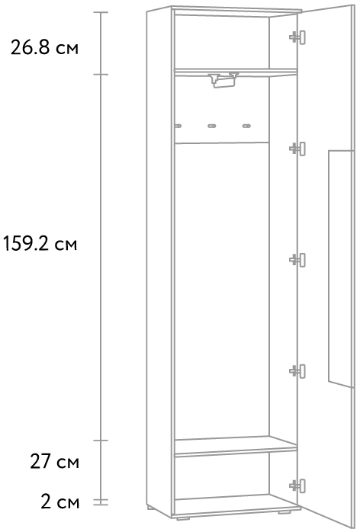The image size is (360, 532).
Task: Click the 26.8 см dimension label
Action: [x=44, y=47]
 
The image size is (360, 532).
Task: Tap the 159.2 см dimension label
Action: [x=40, y=244]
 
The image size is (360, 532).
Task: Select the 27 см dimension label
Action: [x=55, y=461]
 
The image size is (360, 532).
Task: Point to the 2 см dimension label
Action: [x=60, y=502]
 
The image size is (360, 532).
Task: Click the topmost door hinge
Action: [x=297, y=37]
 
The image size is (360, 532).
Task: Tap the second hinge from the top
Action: [x=297, y=149]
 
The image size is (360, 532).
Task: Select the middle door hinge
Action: [x=297, y=260]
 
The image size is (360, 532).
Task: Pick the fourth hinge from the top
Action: [x=297, y=371]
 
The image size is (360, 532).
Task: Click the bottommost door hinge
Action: [x=297, y=486]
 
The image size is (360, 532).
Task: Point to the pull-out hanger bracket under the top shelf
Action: [x=223, y=80]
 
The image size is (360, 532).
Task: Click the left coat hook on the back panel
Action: [x=178, y=127]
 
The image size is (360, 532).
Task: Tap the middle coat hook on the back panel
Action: [x=212, y=127]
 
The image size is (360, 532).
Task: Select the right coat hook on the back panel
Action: [x=246, y=127]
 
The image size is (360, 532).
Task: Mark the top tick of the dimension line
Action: [x=101, y=12]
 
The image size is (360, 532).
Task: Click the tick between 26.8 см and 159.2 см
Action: [x=101, y=74]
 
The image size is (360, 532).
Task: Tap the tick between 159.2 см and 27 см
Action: [x=101, y=441]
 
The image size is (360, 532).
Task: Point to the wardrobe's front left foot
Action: [x=183, y=518]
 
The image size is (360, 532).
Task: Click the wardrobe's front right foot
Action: [x=284, y=511]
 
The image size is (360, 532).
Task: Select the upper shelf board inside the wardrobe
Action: [x=236, y=71]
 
